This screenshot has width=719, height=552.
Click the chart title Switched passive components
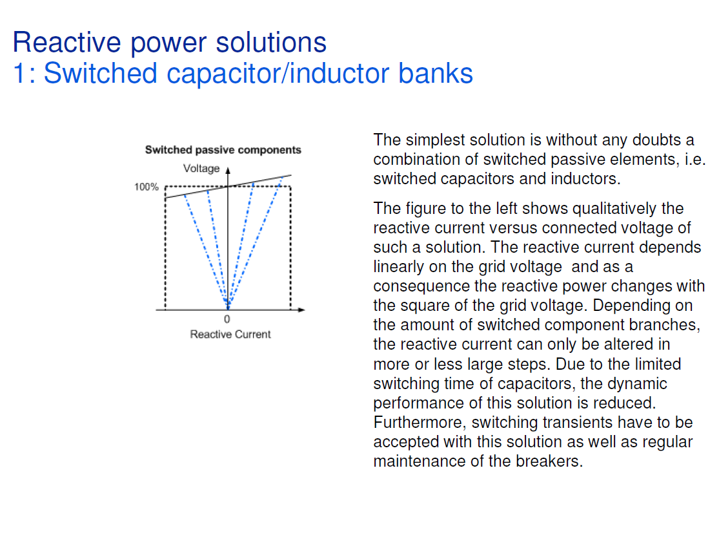(223, 150)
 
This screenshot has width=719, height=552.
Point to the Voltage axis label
(201, 169)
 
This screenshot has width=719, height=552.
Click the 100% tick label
(147, 187)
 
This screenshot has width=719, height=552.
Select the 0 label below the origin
(227, 319)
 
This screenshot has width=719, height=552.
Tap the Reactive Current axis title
(230, 334)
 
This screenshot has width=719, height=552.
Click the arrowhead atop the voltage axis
(227, 171)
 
